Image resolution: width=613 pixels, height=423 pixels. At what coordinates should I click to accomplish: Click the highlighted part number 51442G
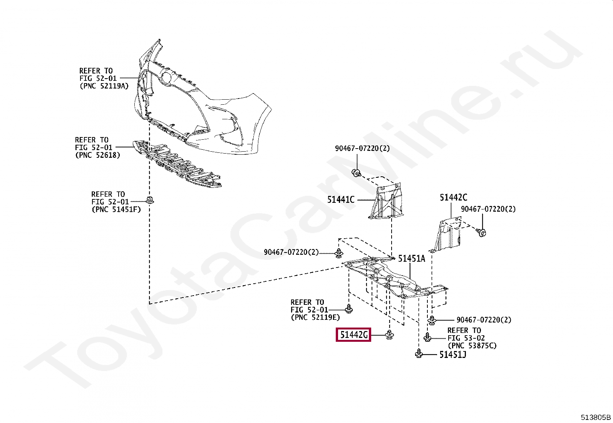[353, 335]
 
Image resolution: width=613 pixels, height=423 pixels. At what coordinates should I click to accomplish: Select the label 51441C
[341, 200]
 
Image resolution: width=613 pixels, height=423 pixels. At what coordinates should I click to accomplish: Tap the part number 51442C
[454, 198]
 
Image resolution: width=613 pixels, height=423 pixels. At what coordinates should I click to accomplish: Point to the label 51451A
[411, 259]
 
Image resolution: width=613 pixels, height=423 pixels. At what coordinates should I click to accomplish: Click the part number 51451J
[452, 354]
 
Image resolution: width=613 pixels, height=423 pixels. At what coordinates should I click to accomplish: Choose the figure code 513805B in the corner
[596, 417]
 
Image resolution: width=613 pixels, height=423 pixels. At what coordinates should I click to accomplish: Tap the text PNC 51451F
[116, 209]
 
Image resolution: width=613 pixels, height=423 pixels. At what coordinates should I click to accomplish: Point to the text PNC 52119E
[316, 318]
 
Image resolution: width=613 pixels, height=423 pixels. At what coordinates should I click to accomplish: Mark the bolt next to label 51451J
[419, 354]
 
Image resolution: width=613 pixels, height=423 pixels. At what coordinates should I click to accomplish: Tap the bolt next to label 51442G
[390, 335]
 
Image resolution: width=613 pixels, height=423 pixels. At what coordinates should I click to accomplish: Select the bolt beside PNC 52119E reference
[349, 309]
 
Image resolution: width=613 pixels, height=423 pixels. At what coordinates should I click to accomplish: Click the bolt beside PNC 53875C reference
[427, 338]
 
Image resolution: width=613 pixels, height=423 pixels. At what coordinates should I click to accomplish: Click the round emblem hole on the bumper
[166, 78]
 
